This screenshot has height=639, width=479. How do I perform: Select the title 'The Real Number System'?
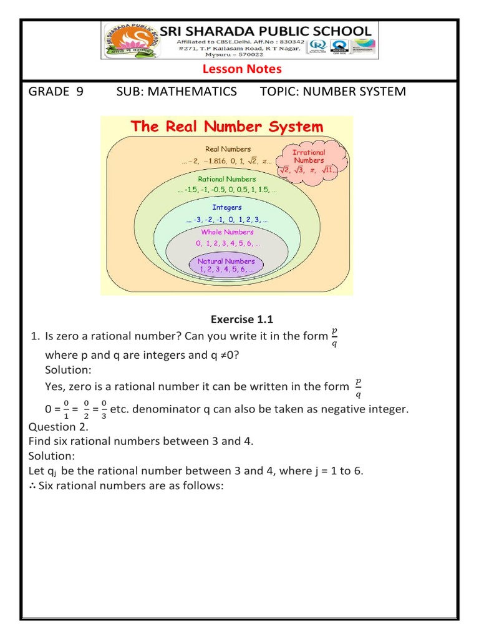226,127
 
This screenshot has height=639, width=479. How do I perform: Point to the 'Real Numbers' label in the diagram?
228,149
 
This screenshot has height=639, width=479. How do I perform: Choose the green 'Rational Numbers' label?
227,179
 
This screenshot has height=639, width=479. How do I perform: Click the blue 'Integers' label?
227,207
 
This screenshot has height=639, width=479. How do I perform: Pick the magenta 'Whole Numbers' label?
227,232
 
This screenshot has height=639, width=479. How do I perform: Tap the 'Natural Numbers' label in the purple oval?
226,261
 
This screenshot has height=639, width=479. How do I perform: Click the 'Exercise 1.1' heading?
242,320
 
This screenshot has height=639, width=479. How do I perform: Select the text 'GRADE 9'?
56,92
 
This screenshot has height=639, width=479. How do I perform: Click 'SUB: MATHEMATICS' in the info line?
177,92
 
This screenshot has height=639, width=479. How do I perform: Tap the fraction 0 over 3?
104,409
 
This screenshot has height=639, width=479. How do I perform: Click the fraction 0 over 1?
66,409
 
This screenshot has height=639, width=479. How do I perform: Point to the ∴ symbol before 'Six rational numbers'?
32,485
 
